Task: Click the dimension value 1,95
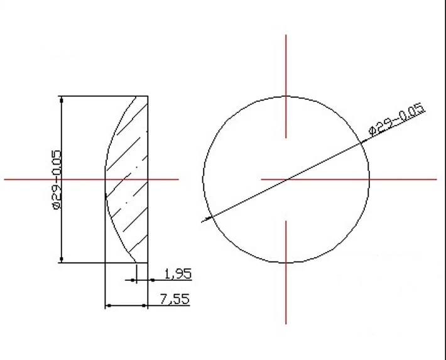point(177,274)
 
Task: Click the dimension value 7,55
point(174,299)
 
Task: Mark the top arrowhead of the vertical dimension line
point(61,100)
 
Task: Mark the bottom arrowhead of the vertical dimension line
point(61,258)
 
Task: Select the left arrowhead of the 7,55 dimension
point(108,306)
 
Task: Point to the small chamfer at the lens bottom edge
point(134,257)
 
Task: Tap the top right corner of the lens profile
point(148,96)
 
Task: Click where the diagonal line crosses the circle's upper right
point(363,143)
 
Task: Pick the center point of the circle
point(286,180)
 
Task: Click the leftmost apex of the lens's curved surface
point(104,180)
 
